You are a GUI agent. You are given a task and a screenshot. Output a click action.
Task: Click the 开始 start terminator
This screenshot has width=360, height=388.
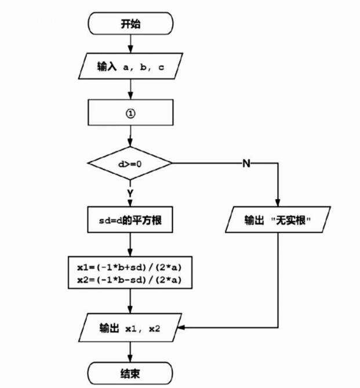130,25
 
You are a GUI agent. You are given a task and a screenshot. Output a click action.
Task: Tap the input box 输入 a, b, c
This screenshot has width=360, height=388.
130,67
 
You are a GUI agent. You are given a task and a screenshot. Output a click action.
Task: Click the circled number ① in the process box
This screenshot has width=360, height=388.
130,113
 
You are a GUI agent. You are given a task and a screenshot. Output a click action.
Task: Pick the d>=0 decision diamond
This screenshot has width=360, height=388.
130,164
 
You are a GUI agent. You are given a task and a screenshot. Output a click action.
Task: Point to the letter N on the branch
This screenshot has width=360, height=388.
246,164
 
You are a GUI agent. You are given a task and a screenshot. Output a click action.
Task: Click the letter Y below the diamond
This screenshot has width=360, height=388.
130,192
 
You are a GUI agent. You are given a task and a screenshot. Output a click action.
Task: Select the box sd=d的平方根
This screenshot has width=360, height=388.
130,221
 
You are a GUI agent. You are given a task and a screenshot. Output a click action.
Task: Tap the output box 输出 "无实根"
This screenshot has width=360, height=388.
278,221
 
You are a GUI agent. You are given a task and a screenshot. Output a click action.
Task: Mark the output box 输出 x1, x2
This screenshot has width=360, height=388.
130,328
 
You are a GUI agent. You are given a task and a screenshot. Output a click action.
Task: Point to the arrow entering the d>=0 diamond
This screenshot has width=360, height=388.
130,142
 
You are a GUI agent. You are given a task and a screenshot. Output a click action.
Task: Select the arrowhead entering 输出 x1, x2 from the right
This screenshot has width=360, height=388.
184,328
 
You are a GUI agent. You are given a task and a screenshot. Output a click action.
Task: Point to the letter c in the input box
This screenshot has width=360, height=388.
161,68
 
